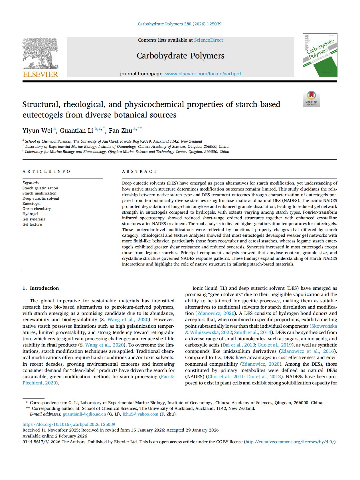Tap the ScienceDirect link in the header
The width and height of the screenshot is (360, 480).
[x=209, y=40]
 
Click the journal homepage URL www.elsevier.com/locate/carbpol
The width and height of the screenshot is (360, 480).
[x=203, y=74]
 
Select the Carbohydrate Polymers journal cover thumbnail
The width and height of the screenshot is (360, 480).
[x=320, y=55]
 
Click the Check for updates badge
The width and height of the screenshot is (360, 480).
[x=311, y=98]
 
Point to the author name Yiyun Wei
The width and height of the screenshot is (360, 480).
[x=37, y=131]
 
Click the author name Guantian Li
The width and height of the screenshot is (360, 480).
[x=76, y=131]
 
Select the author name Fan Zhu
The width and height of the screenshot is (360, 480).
[x=120, y=131]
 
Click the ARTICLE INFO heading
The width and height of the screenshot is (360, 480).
[x=46, y=171]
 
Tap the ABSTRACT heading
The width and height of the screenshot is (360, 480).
[x=139, y=171]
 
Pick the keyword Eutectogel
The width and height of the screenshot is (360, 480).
[x=31, y=204]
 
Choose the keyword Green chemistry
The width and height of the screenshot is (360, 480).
[x=37, y=209]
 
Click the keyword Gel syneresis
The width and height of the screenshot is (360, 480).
[x=34, y=219]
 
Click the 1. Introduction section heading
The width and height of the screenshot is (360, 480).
[x=41, y=288]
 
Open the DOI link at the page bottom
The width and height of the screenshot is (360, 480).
[x=69, y=424]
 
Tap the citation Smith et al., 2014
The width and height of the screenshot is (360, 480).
[x=252, y=332]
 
